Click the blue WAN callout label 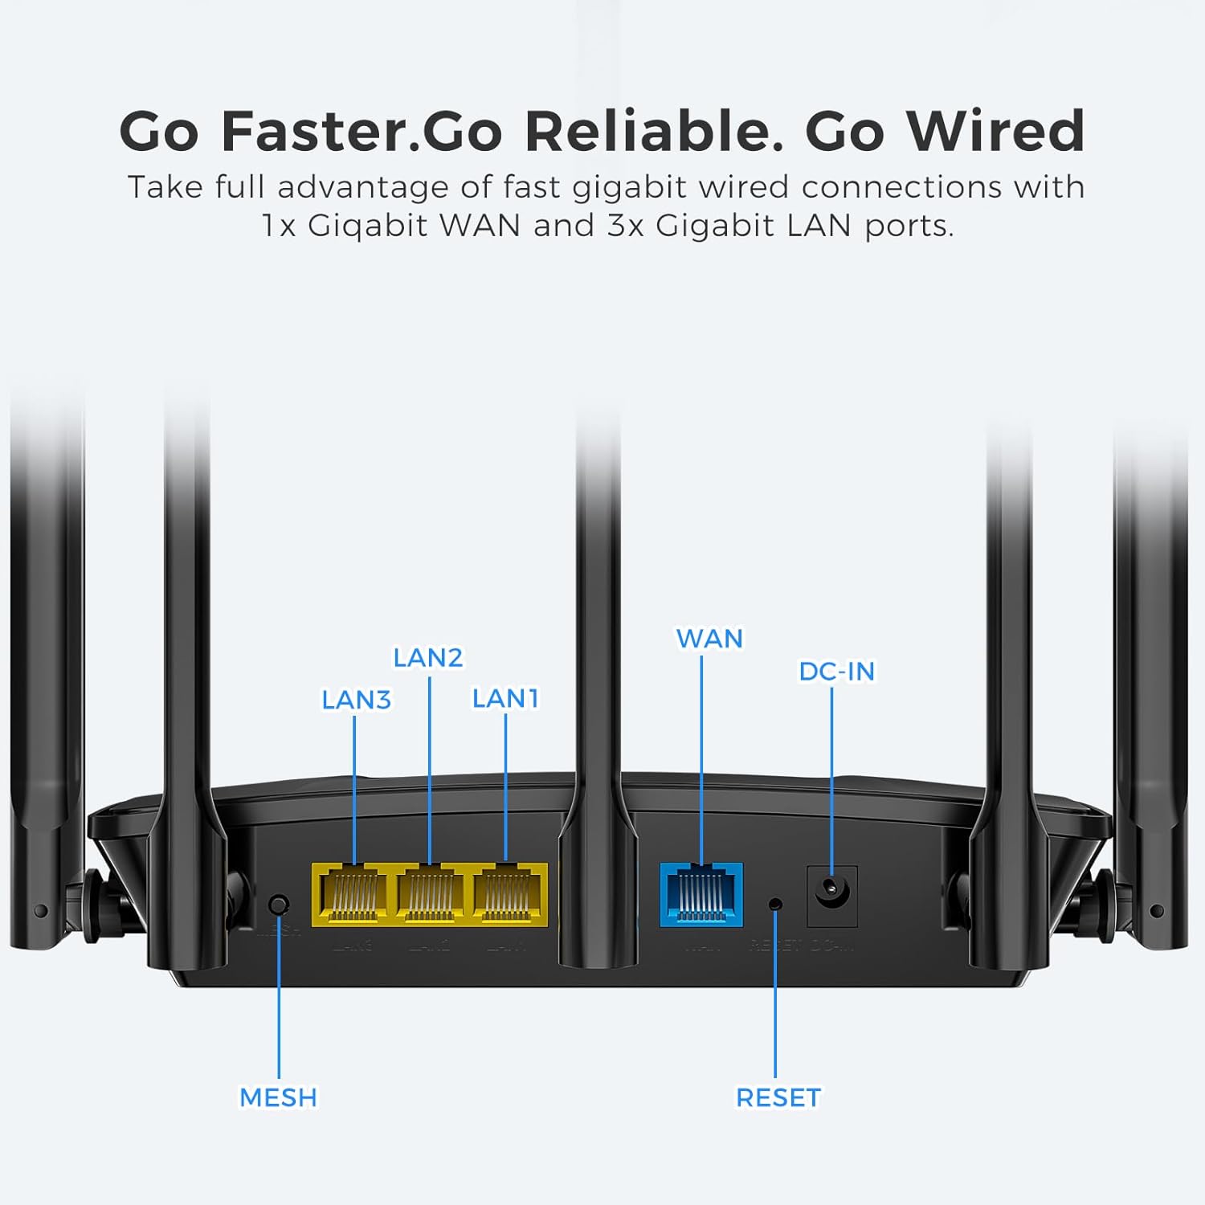click(709, 639)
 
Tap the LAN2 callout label click(427, 658)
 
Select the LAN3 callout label click(356, 700)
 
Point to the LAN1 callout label click(504, 698)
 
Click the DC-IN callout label click(836, 671)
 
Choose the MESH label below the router click(279, 1097)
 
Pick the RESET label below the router click(778, 1097)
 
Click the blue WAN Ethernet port click(701, 894)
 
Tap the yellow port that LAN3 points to click(353, 894)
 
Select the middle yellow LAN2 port click(430, 894)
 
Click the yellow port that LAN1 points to click(507, 894)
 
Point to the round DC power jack click(831, 889)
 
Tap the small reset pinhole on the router click(775, 904)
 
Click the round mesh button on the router click(279, 905)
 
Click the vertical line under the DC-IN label click(831, 771)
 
